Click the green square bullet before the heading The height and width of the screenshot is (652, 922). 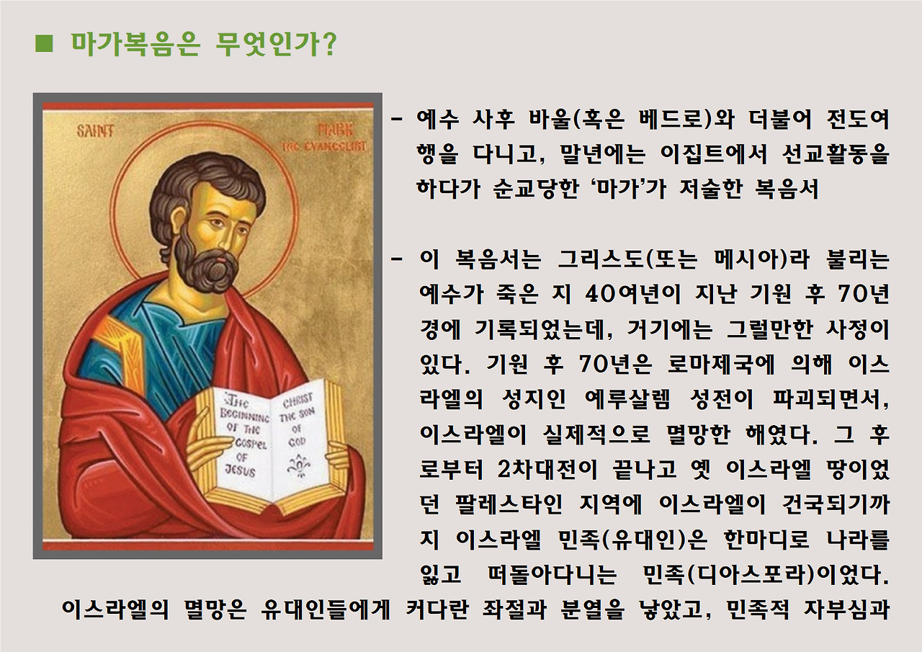click(x=44, y=44)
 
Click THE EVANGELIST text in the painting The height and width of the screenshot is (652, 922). click(x=323, y=146)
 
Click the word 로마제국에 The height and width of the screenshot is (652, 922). click(x=724, y=365)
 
